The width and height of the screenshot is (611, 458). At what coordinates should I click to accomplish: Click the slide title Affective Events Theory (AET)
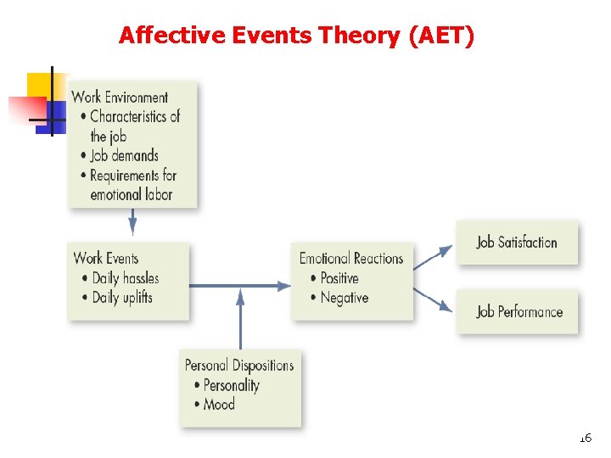tap(296, 36)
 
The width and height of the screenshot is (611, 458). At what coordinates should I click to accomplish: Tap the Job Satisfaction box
tap(517, 243)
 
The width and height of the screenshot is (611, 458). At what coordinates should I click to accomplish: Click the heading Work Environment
tap(120, 97)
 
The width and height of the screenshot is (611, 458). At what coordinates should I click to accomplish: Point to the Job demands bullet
tap(124, 155)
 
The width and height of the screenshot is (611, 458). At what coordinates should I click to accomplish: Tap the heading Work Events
tap(105, 258)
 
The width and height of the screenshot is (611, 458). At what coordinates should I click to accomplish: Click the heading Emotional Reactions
tap(351, 258)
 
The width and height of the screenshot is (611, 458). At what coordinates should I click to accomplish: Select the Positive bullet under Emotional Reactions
tap(339, 277)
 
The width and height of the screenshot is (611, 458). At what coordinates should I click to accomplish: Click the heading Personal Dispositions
tap(239, 366)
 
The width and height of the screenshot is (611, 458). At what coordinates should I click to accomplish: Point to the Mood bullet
tap(218, 405)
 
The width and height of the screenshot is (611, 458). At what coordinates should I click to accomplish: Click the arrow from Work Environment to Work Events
tap(132, 222)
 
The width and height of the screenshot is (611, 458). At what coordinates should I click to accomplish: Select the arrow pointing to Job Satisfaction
tap(433, 257)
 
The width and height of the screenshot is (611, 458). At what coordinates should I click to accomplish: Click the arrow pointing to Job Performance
tap(433, 299)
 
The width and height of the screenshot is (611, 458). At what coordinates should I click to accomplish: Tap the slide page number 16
tap(585, 438)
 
